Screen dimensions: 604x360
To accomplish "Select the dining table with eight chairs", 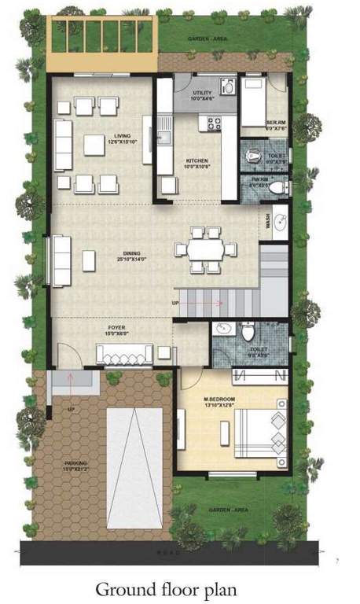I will pos(205,249).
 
